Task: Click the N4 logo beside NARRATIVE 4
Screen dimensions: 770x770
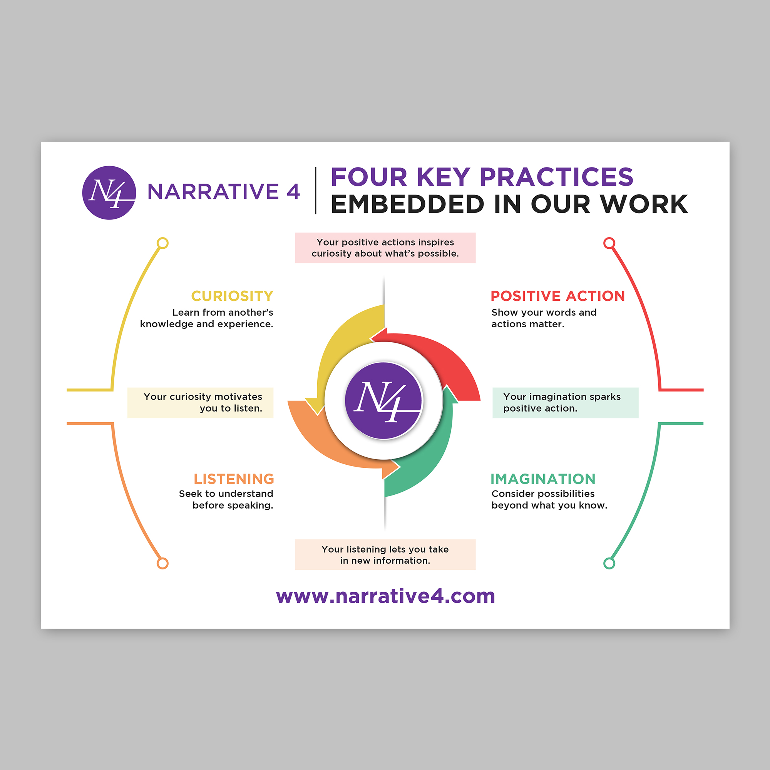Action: point(109,192)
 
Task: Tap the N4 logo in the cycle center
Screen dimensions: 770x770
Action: point(383,400)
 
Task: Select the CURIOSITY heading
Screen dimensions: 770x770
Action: point(233,296)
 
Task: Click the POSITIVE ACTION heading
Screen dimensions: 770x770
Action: point(557,296)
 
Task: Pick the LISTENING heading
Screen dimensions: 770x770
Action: point(234,479)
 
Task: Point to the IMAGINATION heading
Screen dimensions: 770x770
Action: point(543,479)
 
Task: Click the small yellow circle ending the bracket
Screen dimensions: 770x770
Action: point(162,243)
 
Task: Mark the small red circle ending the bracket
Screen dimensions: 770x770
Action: point(609,243)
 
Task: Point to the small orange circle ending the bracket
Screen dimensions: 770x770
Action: point(162,564)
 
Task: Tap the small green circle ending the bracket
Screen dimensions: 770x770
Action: point(609,564)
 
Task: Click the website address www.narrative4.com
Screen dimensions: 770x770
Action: point(385,596)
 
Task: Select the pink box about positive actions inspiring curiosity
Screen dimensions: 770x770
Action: point(385,248)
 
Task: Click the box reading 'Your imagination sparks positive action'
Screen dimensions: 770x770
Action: point(566,403)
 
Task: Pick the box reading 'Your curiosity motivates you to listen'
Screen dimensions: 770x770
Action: point(201,403)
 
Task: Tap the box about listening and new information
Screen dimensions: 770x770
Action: point(385,555)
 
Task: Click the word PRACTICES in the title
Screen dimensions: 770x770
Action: point(556,177)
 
